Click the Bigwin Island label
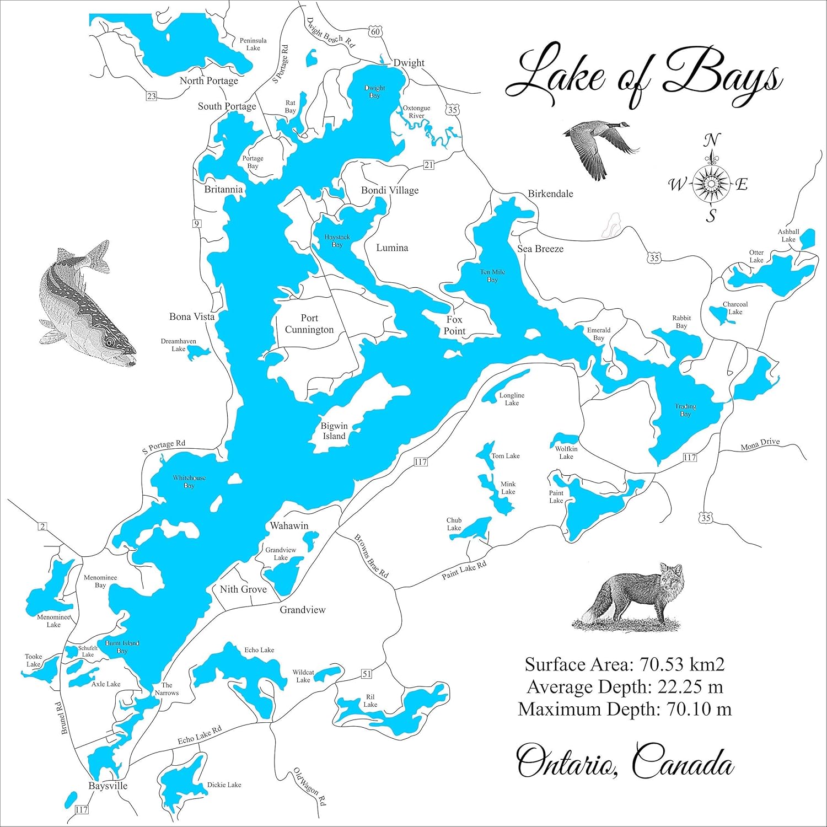tap(334, 431)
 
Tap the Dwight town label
tap(409, 63)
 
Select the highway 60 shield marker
tap(375, 32)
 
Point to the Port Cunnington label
tap(309, 324)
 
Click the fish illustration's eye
tap(109, 342)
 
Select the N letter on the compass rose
tap(711, 141)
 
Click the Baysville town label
tap(108, 786)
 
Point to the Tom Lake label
tap(505, 456)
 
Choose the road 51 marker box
tap(367, 674)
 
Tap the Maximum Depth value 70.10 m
tap(699, 709)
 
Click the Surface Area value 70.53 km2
tap(681, 665)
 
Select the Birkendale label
tap(550, 194)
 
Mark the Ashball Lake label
tap(788, 235)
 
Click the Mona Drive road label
tap(760, 444)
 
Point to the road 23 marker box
tap(151, 96)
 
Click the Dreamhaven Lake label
tap(178, 345)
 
